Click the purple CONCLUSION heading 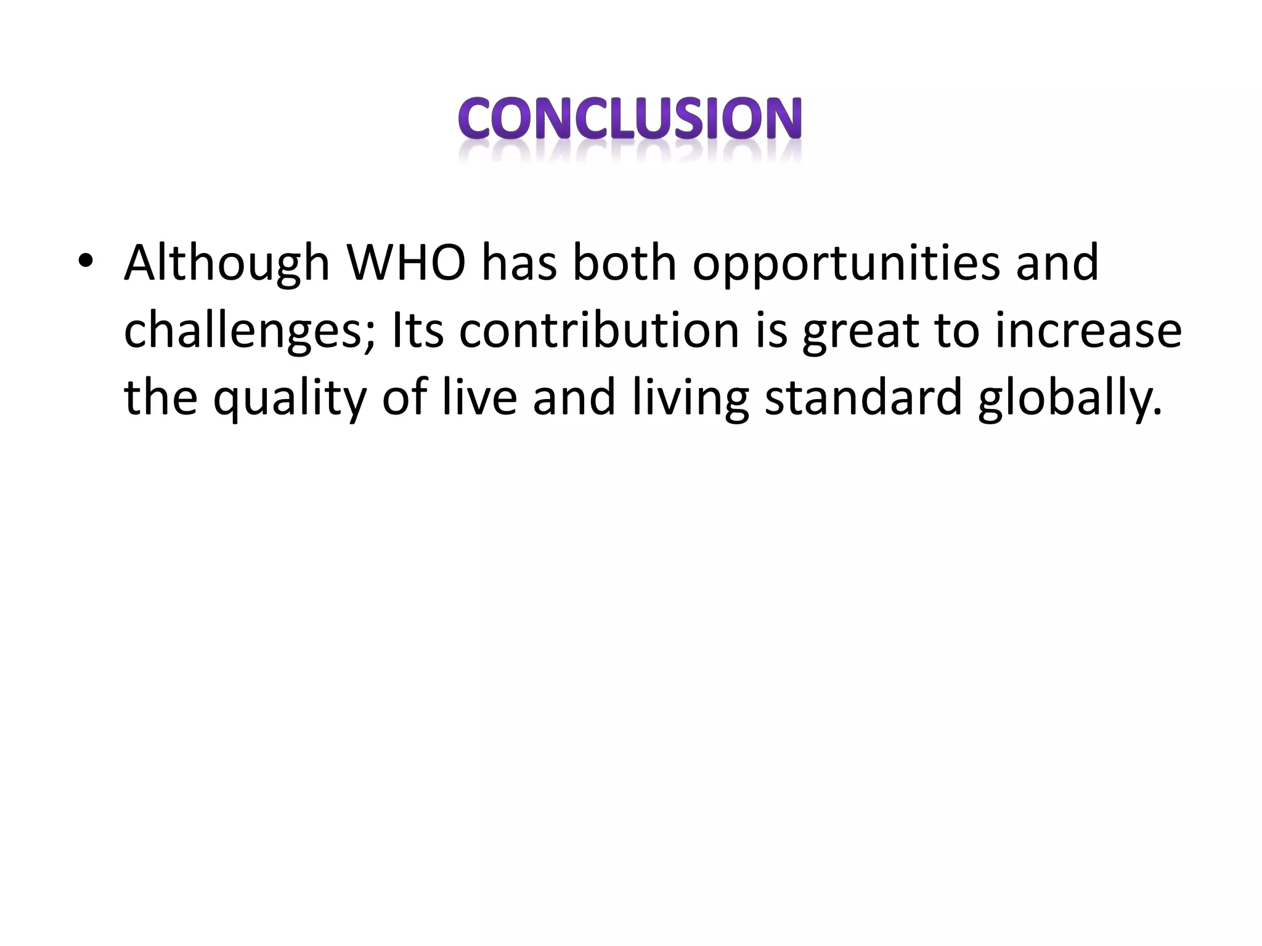(630, 118)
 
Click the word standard (863, 397)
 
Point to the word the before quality (161, 397)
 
